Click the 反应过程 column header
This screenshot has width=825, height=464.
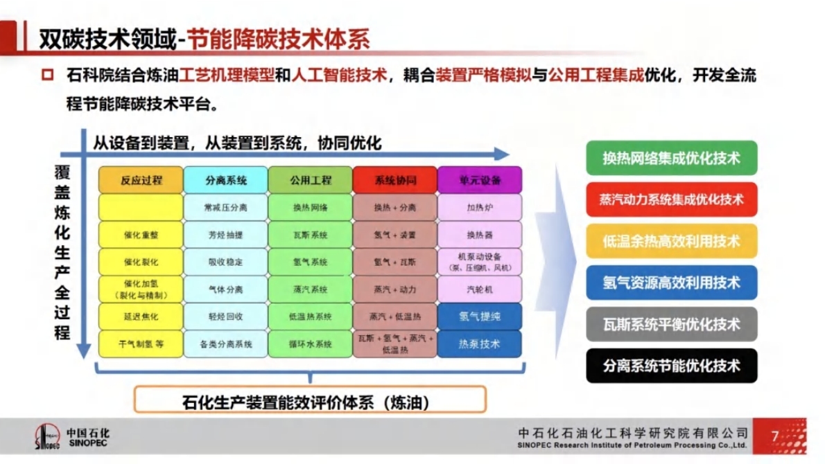(141, 180)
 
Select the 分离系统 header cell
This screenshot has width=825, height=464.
(226, 180)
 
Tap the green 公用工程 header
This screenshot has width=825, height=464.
(310, 180)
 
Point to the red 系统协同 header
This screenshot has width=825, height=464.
(395, 180)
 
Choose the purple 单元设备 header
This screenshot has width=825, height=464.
(479, 180)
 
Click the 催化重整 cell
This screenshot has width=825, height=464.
(141, 235)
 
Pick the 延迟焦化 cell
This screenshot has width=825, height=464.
(141, 316)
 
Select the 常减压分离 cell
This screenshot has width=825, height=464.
(226, 207)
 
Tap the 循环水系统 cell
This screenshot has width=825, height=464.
(310, 343)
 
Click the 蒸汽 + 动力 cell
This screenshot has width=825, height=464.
(395, 289)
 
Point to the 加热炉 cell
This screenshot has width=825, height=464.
(479, 207)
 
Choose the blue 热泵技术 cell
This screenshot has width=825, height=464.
(479, 343)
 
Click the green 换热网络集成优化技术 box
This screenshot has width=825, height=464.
(671, 158)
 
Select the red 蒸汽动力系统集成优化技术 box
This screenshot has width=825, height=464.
(671, 199)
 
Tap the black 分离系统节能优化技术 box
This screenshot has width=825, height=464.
(671, 366)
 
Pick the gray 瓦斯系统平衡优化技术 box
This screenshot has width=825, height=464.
(671, 324)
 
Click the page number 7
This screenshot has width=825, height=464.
(774, 436)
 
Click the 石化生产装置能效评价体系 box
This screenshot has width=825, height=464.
(311, 400)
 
